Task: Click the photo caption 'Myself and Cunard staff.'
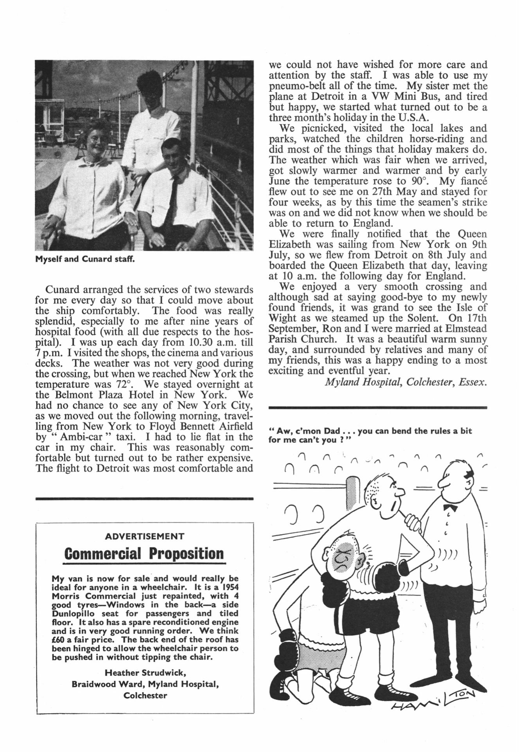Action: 85,260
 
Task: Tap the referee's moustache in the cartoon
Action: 469,475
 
